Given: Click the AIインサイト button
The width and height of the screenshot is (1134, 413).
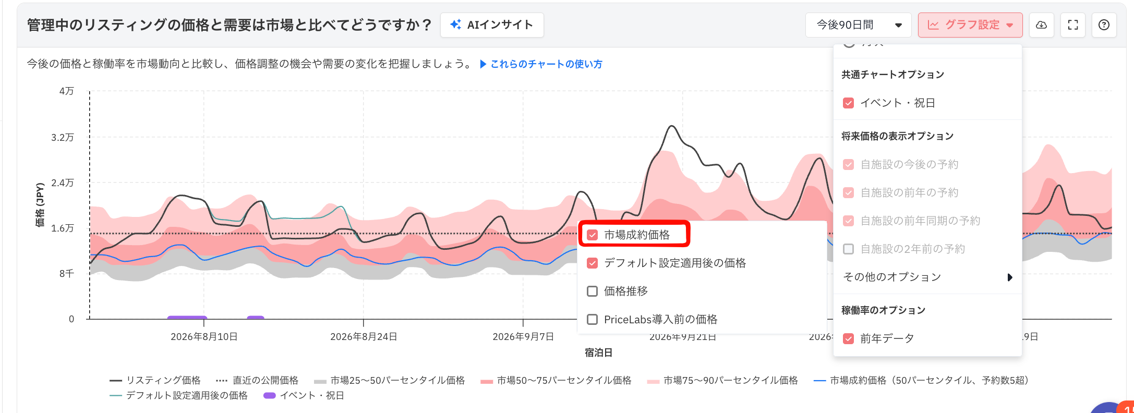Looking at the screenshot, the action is [492, 25].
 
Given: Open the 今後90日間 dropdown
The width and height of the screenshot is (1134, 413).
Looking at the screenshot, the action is [859, 25].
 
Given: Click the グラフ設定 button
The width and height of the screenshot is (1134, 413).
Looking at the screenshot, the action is [970, 25].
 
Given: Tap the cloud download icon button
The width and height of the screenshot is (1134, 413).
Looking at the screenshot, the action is [1041, 25].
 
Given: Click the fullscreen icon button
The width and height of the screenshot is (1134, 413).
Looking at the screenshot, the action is [1073, 25].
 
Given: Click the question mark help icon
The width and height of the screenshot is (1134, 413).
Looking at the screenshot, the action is [1104, 25].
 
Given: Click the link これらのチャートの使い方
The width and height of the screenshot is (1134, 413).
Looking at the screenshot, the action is [541, 64].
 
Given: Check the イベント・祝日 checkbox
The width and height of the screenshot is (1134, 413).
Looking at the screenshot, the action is [849, 103].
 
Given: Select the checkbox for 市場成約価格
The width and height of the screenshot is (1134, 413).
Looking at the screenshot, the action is [592, 235].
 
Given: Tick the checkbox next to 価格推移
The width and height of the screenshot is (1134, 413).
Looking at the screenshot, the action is [592, 291].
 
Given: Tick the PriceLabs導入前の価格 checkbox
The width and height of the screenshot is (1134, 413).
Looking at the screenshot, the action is [592, 319].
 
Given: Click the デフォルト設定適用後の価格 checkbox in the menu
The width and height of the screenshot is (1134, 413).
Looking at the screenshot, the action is [592, 263].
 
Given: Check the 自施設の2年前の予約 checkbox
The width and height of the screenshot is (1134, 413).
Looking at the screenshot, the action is [849, 249].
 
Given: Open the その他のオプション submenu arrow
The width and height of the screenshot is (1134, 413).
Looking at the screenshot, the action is [1010, 277].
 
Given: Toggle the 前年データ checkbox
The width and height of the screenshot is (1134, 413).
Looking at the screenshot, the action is [849, 338].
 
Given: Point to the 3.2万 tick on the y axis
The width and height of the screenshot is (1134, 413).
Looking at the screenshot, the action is [63, 137].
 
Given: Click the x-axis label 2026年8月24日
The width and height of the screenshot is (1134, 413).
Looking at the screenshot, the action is [364, 337].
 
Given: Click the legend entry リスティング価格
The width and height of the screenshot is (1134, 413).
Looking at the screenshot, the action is [155, 380].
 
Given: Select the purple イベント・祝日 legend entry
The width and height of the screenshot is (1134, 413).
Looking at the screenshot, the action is [304, 395].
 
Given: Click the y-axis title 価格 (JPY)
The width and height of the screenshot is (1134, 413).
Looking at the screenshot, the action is [40, 205].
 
